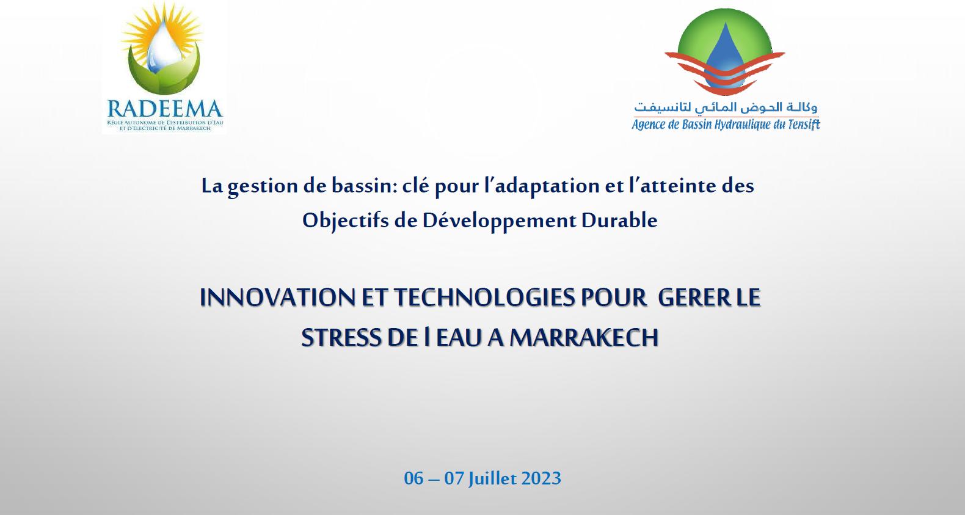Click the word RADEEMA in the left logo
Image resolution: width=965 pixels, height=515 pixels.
(165, 109)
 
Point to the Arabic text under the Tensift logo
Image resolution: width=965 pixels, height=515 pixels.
(726, 108)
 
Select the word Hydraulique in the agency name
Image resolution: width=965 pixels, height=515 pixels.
(742, 125)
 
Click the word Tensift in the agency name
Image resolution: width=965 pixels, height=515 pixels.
(804, 125)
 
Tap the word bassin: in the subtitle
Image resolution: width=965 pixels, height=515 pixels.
(364, 185)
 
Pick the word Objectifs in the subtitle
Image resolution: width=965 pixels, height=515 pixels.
(345, 221)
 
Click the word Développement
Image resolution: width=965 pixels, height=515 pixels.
(499, 221)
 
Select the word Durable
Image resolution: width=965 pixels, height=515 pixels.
(619, 220)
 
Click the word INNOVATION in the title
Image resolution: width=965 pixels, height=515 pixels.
(277, 298)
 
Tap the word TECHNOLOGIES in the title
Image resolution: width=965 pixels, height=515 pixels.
(484, 298)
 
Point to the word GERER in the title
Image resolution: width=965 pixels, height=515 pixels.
(694, 298)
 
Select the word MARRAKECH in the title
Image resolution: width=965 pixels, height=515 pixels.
(584, 338)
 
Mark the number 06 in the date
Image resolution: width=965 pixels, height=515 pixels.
(413, 478)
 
